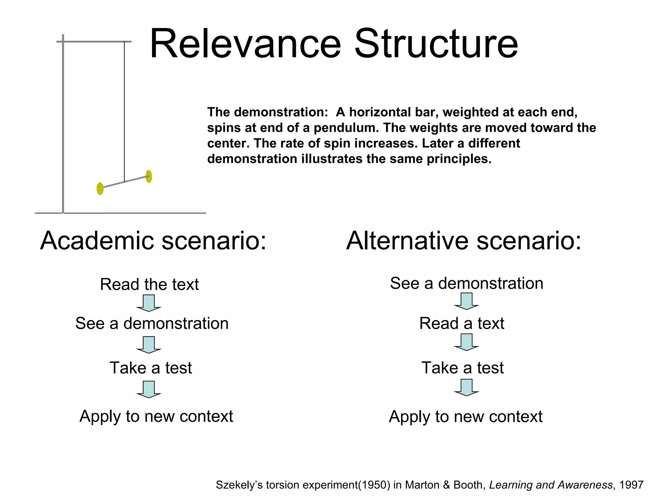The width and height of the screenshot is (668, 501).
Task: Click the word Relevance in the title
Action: click(245, 44)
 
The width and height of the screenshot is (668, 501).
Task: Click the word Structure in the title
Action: click(436, 44)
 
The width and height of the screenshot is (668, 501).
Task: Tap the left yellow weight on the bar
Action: click(100, 189)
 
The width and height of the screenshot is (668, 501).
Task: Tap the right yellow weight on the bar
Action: click(149, 176)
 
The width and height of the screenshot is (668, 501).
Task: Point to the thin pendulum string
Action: click(124, 111)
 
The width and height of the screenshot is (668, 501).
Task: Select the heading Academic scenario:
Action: click(153, 241)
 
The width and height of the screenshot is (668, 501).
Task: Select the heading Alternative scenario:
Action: click(463, 241)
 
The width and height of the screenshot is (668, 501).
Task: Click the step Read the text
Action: click(149, 284)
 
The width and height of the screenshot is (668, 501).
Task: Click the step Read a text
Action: click(462, 324)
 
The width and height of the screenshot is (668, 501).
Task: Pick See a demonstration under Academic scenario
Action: click(152, 324)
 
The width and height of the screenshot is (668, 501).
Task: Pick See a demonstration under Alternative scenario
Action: click(466, 283)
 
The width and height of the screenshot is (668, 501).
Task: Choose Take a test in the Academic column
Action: click(151, 368)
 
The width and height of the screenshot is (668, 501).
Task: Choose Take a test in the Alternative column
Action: click(463, 368)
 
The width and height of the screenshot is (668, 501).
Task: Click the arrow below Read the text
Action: click(149, 303)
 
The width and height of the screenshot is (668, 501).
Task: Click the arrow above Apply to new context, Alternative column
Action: click(466, 387)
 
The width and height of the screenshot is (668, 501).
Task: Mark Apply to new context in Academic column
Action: click(156, 416)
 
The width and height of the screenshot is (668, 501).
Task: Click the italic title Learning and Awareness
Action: click(551, 485)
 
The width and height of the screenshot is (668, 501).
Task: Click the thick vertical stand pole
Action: click(63, 130)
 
